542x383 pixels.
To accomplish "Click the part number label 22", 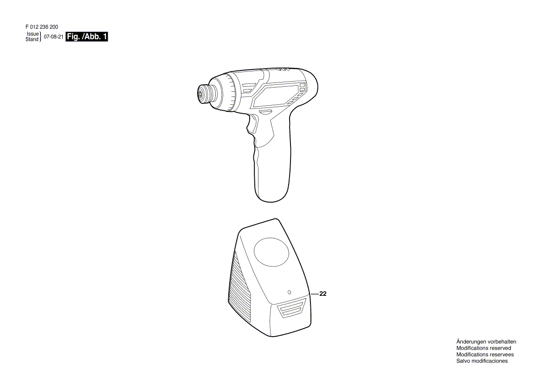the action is [323, 294].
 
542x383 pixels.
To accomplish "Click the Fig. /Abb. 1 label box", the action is [87, 37].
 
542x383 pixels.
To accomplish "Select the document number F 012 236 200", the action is [42, 27].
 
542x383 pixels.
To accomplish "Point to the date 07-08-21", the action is [53, 37].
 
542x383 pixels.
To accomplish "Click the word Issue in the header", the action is [33, 34].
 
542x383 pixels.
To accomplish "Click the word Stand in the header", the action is [32, 39].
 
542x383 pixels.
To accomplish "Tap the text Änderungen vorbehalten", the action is [486, 342].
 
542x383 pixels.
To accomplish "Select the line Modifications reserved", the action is [484, 348].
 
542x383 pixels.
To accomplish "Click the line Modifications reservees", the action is [485, 354].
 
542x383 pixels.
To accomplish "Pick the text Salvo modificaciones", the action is [482, 361].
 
